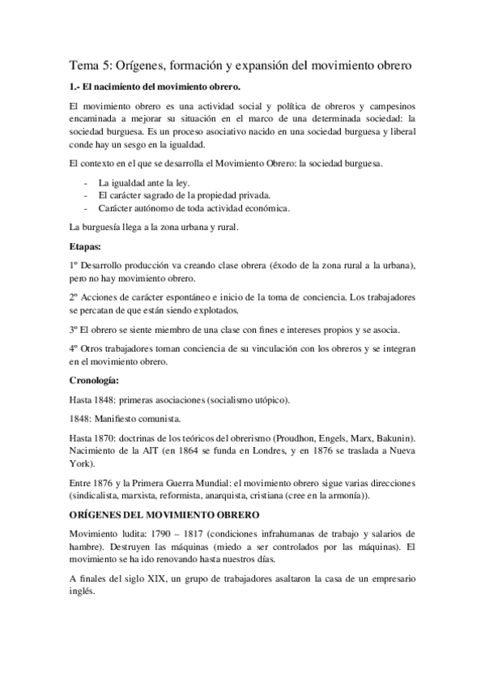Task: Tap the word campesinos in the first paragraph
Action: [x=391, y=107]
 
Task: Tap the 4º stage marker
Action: [x=74, y=348]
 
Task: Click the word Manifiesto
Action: [x=121, y=419]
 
